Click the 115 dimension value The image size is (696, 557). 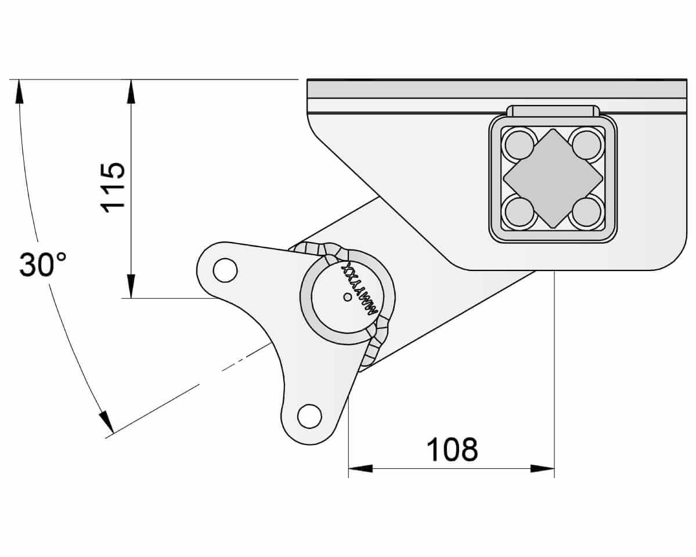coord(113,187)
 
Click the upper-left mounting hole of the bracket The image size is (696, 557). coord(225,270)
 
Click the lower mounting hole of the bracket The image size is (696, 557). coord(309,415)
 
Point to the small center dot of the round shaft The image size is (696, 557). coord(347,297)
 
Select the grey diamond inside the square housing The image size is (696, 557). coord(553,178)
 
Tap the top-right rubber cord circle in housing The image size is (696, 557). coord(586,144)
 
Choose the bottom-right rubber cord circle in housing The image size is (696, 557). coord(586,212)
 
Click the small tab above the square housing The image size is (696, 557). coord(553,111)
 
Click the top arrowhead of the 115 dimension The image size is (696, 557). coord(131,90)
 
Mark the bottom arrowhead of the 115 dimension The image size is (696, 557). coord(131,287)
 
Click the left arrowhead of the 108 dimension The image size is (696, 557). coord(360,468)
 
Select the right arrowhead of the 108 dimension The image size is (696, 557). coord(543,468)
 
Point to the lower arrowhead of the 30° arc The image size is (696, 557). coord(106,422)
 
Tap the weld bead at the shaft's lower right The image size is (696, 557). coord(374,346)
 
